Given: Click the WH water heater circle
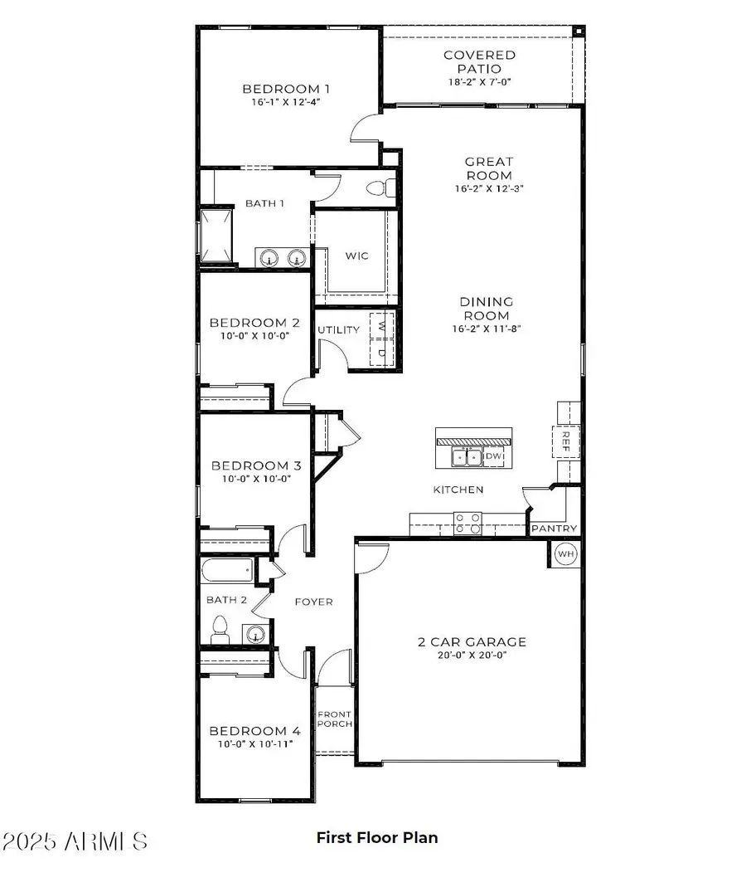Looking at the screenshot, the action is click(565, 554).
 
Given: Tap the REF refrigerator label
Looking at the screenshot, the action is click(565, 441).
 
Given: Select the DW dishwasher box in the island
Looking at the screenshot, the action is click(494, 456).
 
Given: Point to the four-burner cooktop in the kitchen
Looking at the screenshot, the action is click(467, 523).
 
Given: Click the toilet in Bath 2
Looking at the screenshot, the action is click(220, 631).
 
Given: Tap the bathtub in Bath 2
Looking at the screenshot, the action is click(227, 570).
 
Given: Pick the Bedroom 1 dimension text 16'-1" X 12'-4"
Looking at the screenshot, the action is click(286, 102).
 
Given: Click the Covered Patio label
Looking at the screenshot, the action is click(479, 62).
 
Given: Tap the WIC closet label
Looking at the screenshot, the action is click(356, 256).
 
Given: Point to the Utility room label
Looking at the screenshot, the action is click(338, 330).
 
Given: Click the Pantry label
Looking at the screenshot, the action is click(554, 529).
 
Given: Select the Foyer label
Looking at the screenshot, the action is click(314, 602).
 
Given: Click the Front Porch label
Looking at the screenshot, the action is click(335, 719).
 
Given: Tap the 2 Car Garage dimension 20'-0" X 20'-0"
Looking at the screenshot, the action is click(472, 655).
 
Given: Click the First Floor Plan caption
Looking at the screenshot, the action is click(377, 837).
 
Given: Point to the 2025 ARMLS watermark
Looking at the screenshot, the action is click(75, 841).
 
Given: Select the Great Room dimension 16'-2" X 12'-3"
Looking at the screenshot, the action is click(489, 189).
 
